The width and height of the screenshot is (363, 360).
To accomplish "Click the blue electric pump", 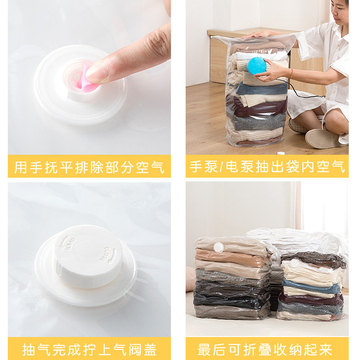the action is pyautogui.click(x=256, y=66).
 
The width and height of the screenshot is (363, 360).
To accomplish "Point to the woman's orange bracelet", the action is pyautogui.click(x=291, y=73).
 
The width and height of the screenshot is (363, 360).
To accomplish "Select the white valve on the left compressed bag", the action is pyautogui.click(x=219, y=247).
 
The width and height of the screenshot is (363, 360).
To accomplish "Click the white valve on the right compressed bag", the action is pyautogui.click(x=295, y=263).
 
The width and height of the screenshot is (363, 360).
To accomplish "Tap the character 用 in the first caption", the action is pyautogui.click(x=21, y=167).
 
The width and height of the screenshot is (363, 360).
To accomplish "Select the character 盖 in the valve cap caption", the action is pyautogui.click(x=150, y=349).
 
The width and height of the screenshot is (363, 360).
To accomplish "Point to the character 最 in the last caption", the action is pyautogui.click(x=204, y=349).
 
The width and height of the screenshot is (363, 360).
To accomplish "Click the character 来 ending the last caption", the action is pyautogui.click(x=326, y=349).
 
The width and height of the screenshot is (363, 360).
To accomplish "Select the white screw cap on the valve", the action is pyautogui.click(x=87, y=256).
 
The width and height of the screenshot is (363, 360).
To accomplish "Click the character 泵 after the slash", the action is pyautogui.click(x=232, y=167).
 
